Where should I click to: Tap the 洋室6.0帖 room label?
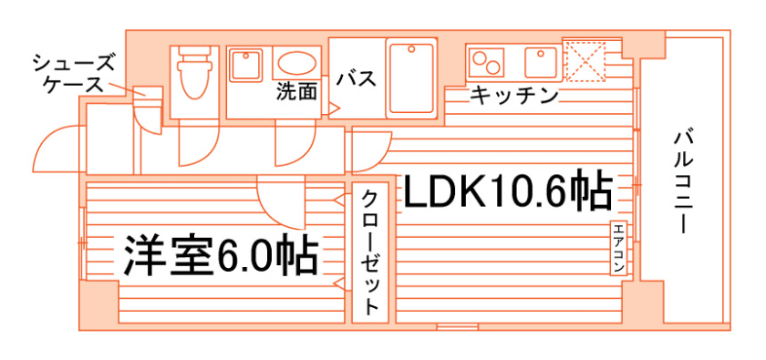coord(220,255)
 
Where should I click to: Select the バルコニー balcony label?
coord(681,182)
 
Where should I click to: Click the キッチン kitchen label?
coord(513,95)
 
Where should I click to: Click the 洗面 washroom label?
coord(297,91)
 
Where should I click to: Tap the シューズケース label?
coord(72,73)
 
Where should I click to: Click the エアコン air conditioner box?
coord(618,247)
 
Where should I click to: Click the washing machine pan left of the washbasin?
coord(246,65)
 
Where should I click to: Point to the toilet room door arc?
coord(197,144)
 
